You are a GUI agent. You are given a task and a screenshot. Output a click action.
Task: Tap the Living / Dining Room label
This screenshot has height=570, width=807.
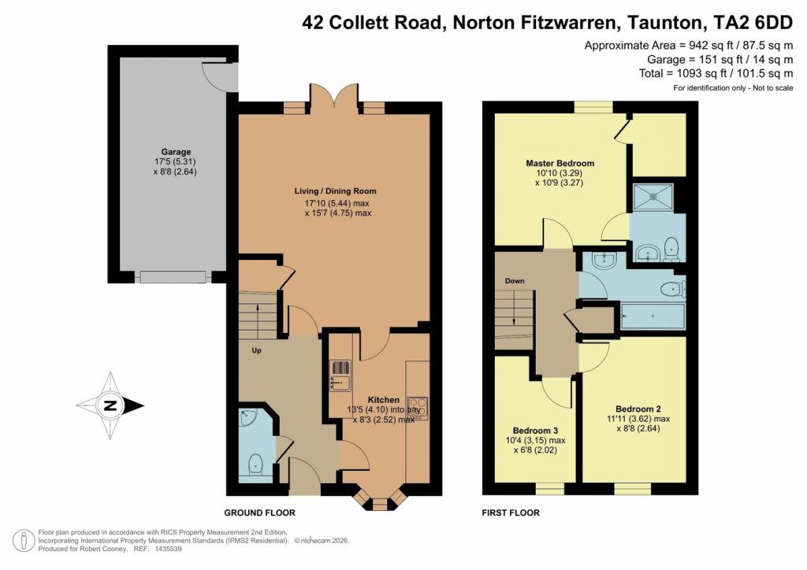coord(335,191)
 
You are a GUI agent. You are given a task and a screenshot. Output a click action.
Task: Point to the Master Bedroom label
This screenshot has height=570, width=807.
coord(560,164)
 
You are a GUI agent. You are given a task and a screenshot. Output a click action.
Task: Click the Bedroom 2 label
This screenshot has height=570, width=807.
coord(638,409)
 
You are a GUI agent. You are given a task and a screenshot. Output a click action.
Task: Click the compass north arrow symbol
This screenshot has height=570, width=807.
coord(110,406)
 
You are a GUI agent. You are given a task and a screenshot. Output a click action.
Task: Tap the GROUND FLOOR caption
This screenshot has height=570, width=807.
coord(259,513)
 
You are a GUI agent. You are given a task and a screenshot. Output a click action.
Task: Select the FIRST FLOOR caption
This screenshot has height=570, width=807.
coord(511,513)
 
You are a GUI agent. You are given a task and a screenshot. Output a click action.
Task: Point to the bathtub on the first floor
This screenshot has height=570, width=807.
coord(653,316)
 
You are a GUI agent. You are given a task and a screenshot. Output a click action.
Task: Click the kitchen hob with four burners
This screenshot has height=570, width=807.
coord(418,408)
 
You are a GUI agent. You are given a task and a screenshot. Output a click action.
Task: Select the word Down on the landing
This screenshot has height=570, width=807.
coord(515,281)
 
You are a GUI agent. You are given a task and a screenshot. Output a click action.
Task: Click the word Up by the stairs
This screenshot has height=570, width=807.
coord(256,350)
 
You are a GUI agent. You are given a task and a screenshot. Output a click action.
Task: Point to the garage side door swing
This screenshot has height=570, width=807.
coord(217,76)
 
